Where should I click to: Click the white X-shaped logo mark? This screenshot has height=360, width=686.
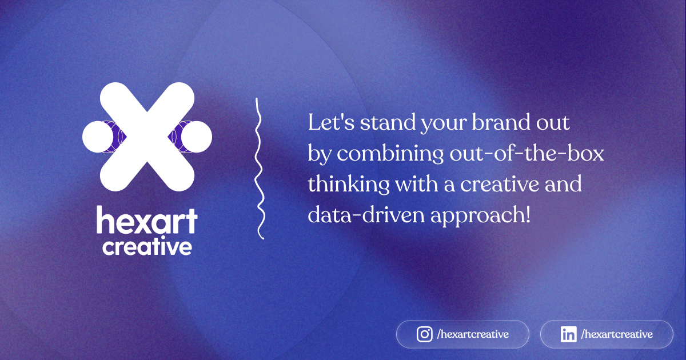[x=147, y=137]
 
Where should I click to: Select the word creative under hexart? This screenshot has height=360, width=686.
[x=147, y=247]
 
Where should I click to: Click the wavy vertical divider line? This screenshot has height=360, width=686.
[x=259, y=169]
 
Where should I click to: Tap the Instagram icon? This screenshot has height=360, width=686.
[x=424, y=334]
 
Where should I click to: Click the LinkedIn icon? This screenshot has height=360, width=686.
[x=568, y=334]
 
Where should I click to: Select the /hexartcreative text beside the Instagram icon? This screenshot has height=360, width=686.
[x=472, y=334]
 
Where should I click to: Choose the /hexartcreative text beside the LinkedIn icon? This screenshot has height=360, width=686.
[x=616, y=334]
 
